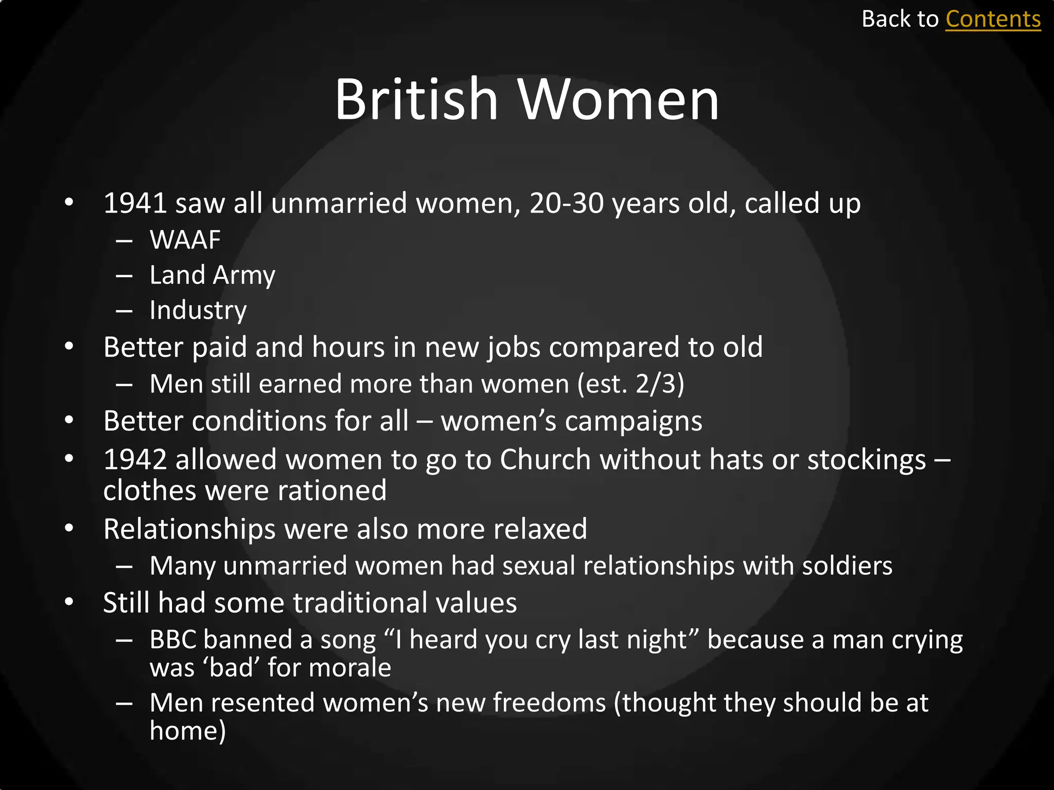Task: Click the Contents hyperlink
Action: pyautogui.click(x=993, y=20)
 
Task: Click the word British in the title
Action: pyautogui.click(x=416, y=99)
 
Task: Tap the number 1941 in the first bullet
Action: pyautogui.click(x=135, y=203)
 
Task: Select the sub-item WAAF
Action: pyautogui.click(x=185, y=240)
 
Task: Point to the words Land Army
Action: pyautogui.click(x=212, y=275)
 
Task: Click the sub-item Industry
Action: pyautogui.click(x=198, y=310)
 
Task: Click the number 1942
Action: pyautogui.click(x=135, y=459)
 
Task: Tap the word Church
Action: pyautogui.click(x=545, y=459)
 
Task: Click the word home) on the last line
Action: pyautogui.click(x=188, y=731)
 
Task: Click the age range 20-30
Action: pyautogui.click(x=566, y=203)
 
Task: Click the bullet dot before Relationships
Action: pyautogui.click(x=69, y=528)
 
